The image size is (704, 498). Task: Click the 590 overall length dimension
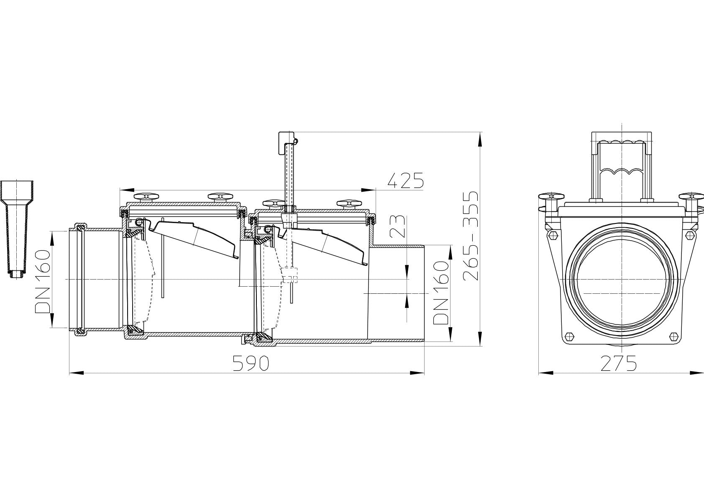tap(250, 363)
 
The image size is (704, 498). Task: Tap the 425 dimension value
tap(405, 180)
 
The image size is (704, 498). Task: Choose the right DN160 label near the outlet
tap(441, 293)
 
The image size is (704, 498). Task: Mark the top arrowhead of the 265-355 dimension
tap(480, 139)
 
